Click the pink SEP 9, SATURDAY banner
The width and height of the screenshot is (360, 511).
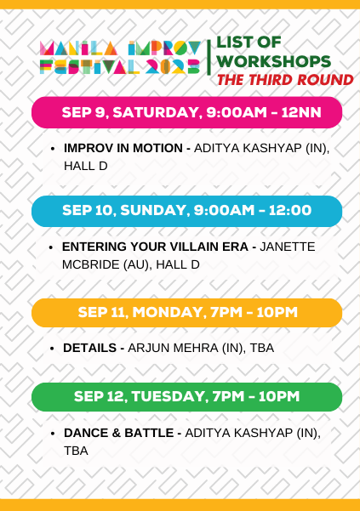[186, 112]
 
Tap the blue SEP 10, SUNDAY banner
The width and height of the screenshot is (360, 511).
[186, 211]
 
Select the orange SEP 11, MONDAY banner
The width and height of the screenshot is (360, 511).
[186, 312]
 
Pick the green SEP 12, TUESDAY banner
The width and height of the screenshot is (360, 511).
[186, 396]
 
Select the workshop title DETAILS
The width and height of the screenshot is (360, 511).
[91, 348]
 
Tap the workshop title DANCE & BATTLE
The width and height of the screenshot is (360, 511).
[119, 433]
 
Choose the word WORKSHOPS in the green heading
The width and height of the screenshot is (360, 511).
[273, 61]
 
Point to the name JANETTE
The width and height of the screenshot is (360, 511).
[287, 247]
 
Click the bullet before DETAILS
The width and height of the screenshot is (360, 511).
[53, 349]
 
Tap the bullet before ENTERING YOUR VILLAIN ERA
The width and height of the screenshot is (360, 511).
[53, 247]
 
